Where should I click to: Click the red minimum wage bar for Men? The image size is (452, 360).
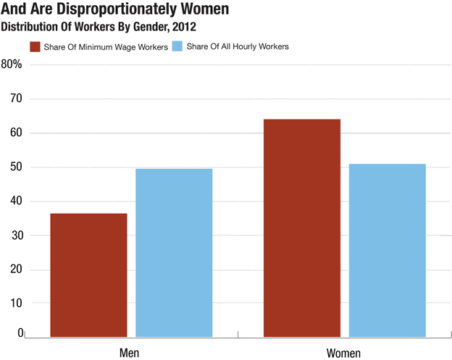pyautogui.click(x=88, y=275)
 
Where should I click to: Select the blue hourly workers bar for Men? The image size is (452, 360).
pyautogui.click(x=174, y=253)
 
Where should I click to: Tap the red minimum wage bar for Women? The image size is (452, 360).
pyautogui.click(x=302, y=228)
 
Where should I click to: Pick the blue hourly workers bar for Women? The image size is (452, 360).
pyautogui.click(x=388, y=251)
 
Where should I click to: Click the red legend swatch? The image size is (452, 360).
pyautogui.click(x=34, y=47)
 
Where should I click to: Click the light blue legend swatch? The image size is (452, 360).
pyautogui.click(x=176, y=47)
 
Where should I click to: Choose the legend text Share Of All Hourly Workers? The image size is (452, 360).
pyautogui.click(x=238, y=47)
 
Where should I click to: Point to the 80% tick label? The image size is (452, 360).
pyautogui.click(x=12, y=64)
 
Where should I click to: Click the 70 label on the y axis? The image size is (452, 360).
pyautogui.click(x=15, y=99)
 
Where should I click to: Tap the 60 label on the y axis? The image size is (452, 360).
pyautogui.click(x=15, y=133)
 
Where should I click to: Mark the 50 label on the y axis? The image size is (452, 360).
pyautogui.click(x=15, y=167)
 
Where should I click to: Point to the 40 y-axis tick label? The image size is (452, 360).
pyautogui.click(x=15, y=201)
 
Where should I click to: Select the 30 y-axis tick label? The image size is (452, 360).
pyautogui.click(x=15, y=235)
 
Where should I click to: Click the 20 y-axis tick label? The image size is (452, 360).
pyautogui.click(x=15, y=270)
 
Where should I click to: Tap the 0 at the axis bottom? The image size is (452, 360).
pyautogui.click(x=20, y=333)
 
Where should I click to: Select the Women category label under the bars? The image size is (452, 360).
pyautogui.click(x=343, y=352)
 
